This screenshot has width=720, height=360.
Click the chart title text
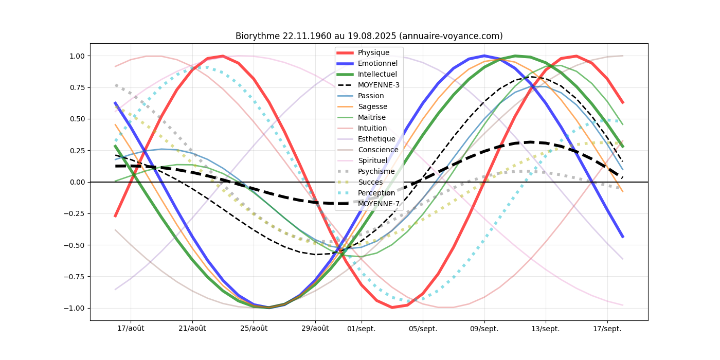pyautogui.click(x=369, y=36)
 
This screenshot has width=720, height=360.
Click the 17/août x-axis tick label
pyautogui.click(x=131, y=329)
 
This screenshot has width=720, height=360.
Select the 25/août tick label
pyautogui.click(x=254, y=329)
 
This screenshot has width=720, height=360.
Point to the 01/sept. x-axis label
pyautogui.click(x=362, y=329)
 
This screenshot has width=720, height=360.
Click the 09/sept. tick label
pyautogui.click(x=484, y=329)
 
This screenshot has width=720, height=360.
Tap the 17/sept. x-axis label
pyautogui.click(x=607, y=329)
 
